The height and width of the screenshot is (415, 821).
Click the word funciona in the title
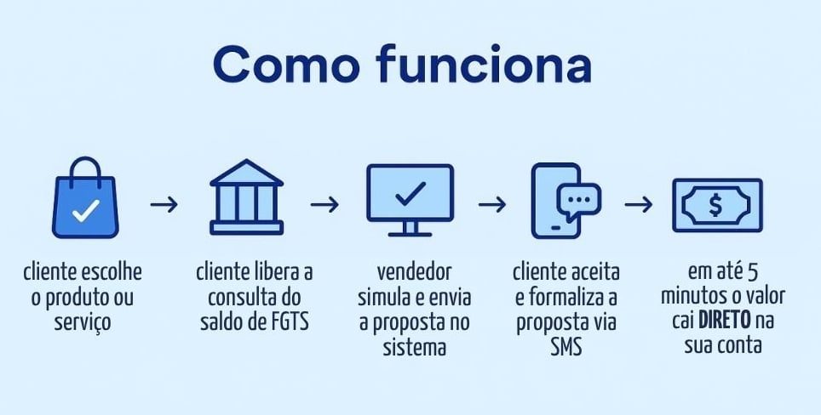coord(483,65)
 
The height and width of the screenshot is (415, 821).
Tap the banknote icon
coord(716,205)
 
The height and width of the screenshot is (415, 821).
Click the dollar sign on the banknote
coord(716,205)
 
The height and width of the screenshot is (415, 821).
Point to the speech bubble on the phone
coord(579,197)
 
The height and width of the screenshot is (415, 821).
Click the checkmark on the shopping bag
coord(84,212)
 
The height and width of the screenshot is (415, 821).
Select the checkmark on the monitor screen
coord(410,192)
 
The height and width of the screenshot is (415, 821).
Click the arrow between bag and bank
coord(164,205)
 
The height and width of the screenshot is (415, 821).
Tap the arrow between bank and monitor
coord(324,205)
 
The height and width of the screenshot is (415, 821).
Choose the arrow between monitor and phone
coord(492,205)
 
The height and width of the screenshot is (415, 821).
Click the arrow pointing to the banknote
coord(639,205)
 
